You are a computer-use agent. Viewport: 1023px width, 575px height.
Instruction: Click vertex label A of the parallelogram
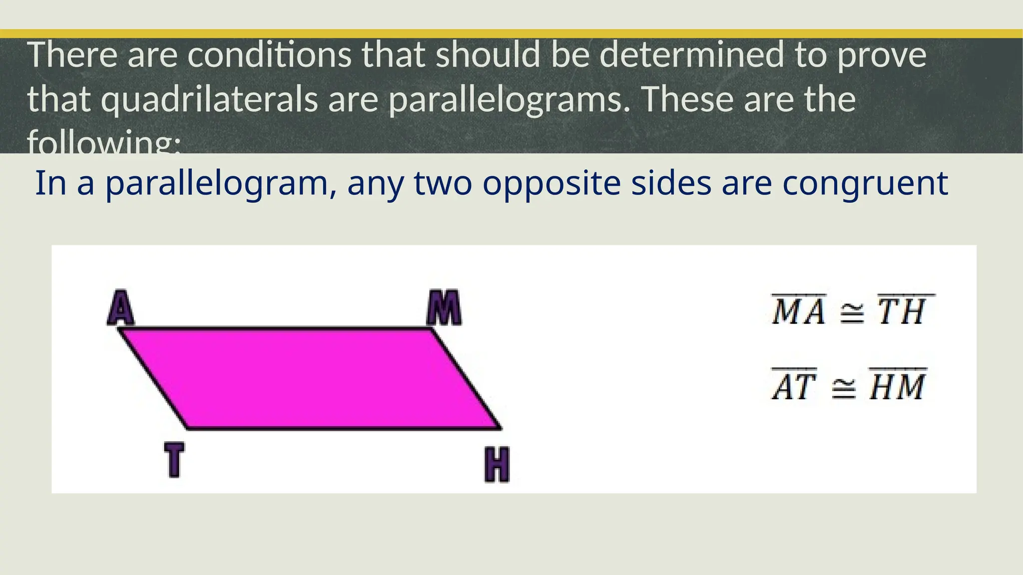point(121,307)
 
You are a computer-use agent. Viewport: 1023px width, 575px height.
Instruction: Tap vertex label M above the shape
point(444,308)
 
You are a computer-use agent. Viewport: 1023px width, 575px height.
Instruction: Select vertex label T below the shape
point(174,460)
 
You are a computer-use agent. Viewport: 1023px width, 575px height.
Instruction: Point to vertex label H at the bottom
point(497,465)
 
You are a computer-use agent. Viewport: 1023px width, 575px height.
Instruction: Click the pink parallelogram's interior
point(310,378)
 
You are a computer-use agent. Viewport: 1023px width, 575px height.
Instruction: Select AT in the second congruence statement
point(794,386)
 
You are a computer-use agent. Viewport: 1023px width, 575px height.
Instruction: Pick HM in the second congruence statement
point(898,386)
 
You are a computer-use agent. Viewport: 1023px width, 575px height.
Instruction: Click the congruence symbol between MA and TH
point(851,313)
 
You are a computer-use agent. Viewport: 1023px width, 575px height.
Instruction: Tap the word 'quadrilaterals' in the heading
point(209,99)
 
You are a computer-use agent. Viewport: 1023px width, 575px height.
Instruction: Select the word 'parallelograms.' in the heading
point(510,99)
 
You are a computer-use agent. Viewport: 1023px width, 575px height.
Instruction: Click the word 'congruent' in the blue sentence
point(865,184)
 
